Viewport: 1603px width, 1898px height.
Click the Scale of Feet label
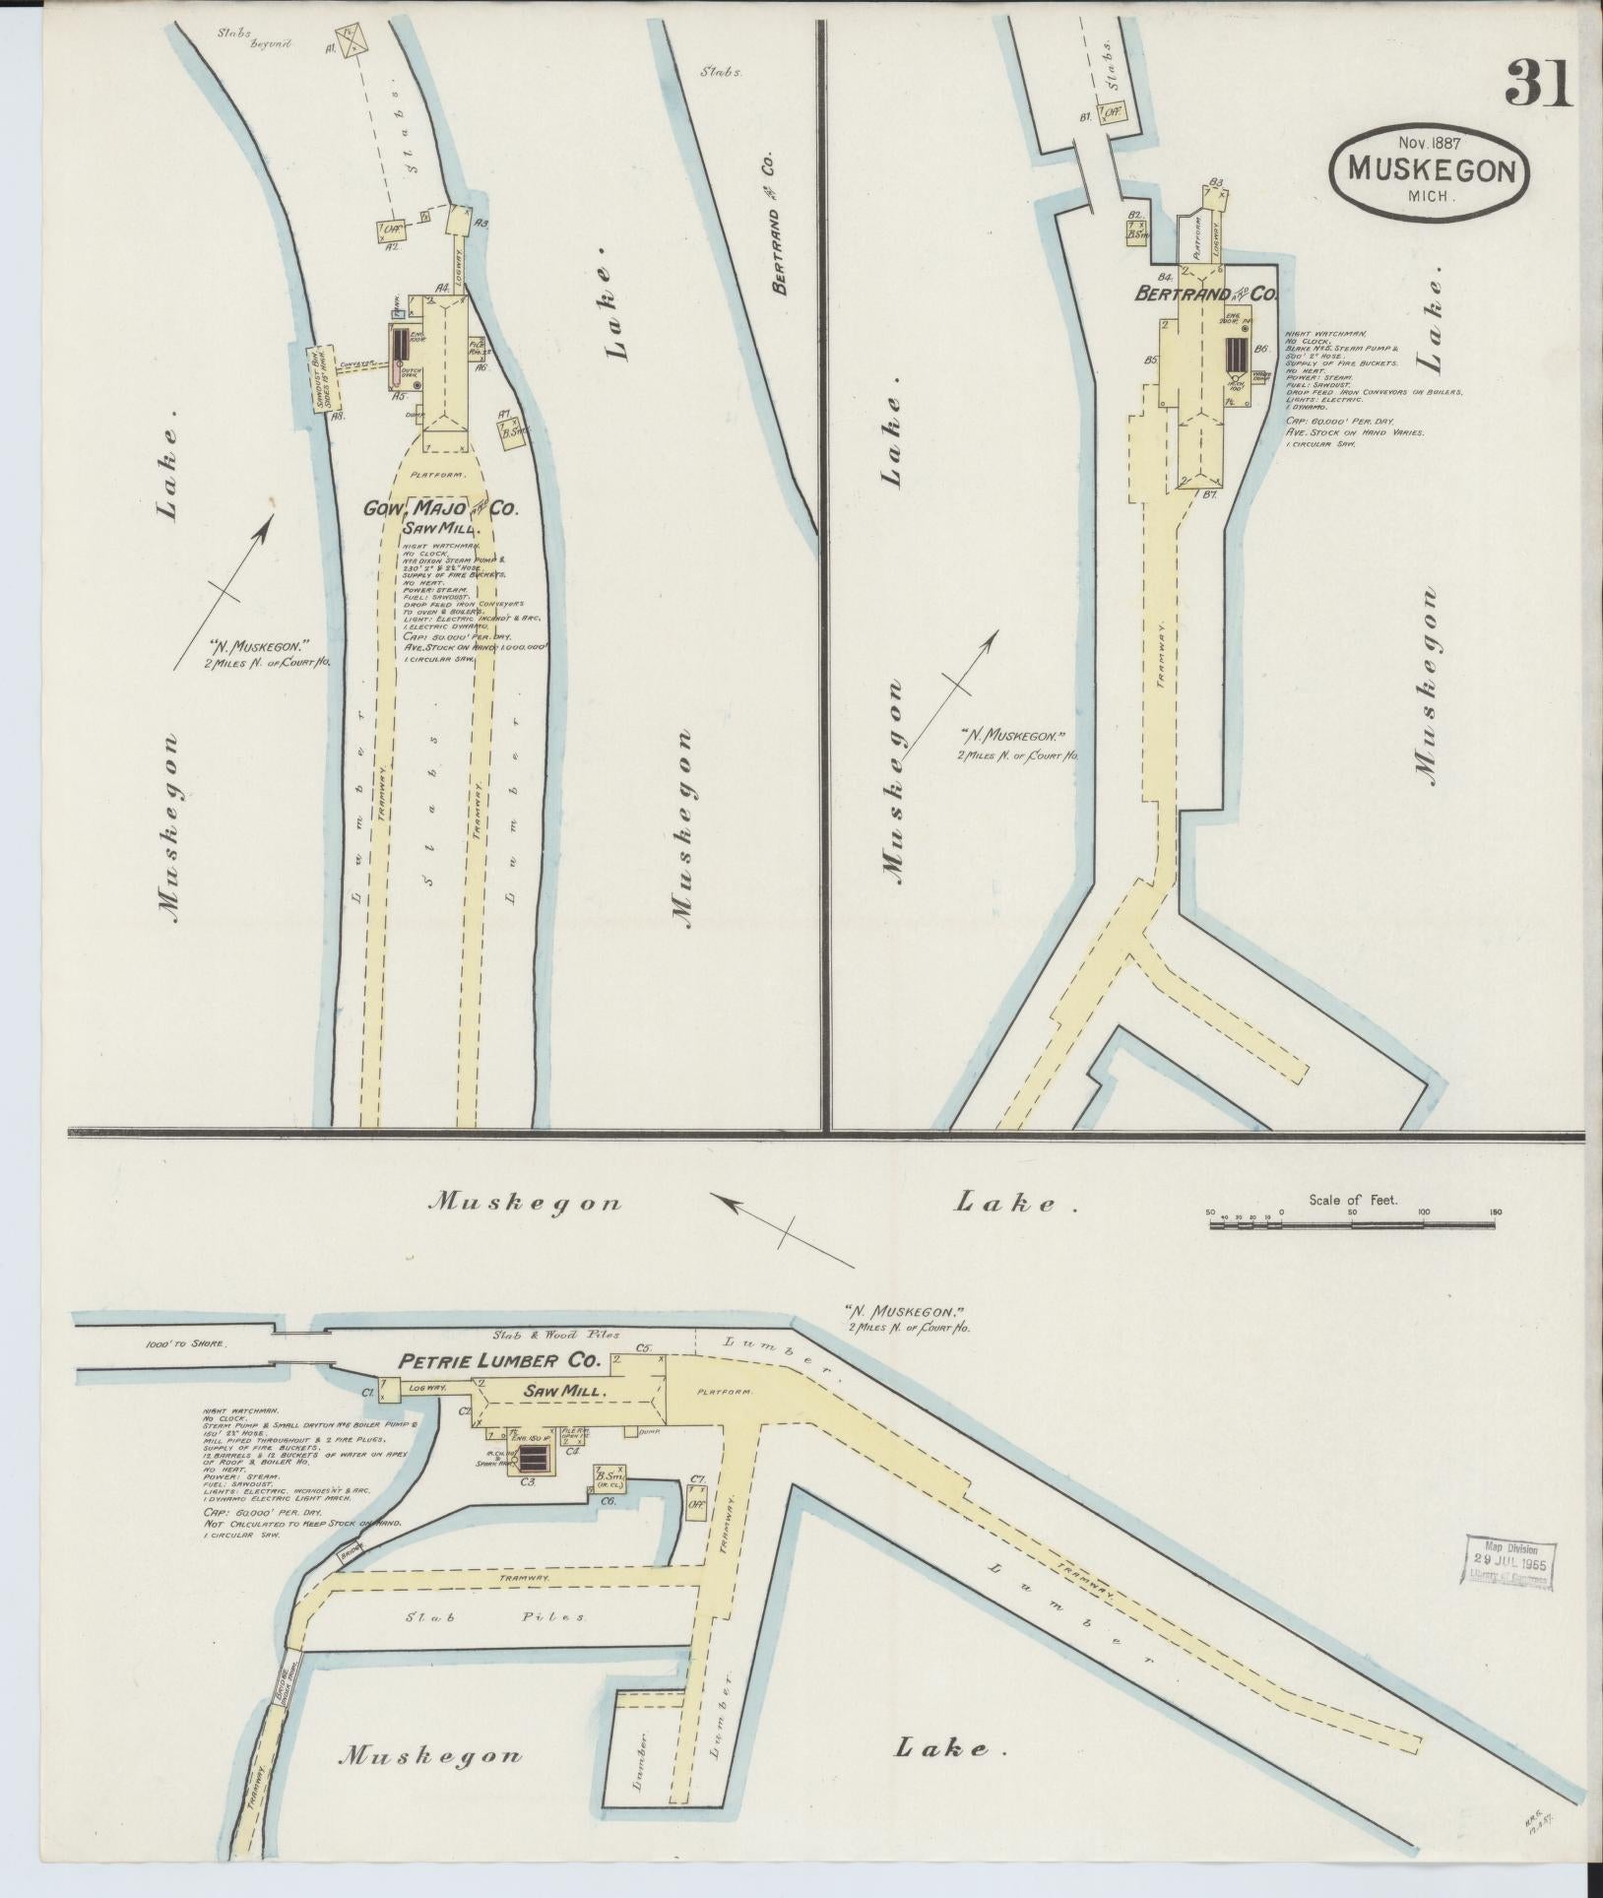1354,1200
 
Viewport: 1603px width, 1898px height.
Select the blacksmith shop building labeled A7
511,433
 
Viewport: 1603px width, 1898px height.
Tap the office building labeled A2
391,230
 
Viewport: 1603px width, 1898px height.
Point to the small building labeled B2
1140,229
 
